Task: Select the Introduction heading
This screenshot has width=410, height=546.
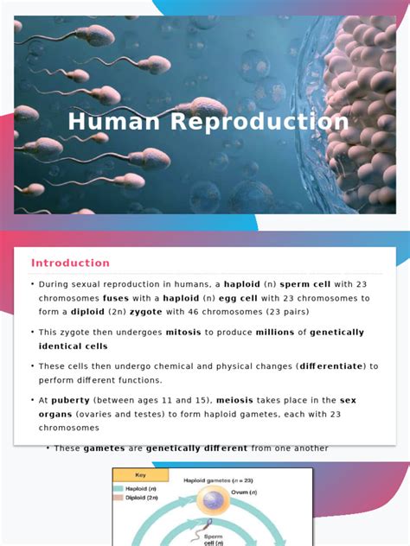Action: coord(71,263)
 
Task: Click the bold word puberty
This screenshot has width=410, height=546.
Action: coord(67,400)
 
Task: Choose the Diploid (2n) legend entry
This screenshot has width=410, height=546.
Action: coord(141,498)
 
